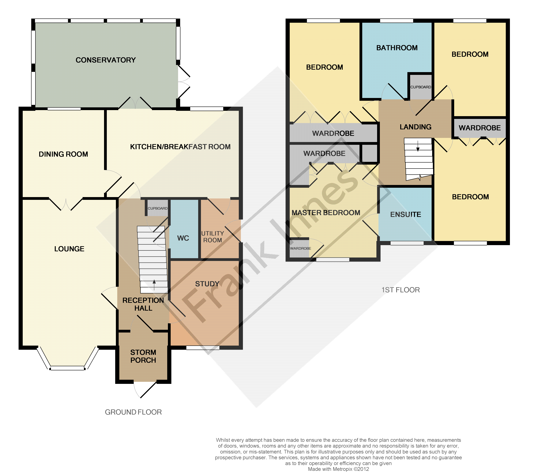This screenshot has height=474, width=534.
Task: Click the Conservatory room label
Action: coord(106,60)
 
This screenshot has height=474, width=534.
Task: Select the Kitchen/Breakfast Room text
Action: coord(180,147)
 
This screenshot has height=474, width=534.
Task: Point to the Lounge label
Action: coord(69,249)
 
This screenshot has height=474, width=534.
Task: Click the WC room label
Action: coord(183,238)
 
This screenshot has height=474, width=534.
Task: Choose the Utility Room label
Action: coord(213,237)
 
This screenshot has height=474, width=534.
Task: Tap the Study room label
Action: coord(207,284)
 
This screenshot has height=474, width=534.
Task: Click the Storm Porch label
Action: coord(143,356)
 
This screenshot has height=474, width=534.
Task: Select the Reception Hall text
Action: coord(143,304)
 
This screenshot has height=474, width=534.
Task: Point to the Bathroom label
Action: coord(397,48)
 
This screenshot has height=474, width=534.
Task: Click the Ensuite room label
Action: coord(405,215)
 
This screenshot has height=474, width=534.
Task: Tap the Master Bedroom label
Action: coord(326,213)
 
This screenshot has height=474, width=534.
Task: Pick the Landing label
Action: coord(415,127)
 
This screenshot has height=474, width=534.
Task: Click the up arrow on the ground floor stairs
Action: coord(154,285)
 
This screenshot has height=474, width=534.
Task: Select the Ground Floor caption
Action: coord(133,412)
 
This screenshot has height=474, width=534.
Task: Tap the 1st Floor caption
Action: coord(401,290)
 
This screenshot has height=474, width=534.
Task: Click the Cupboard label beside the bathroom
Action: coord(421,87)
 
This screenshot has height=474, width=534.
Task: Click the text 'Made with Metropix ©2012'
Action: coord(338,469)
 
